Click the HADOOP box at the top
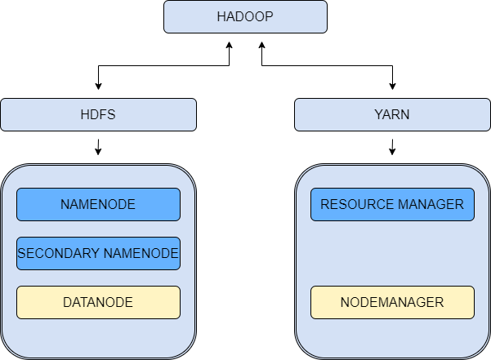[x=245, y=17]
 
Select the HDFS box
[x=98, y=114]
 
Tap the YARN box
[x=392, y=114]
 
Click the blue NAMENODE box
[x=98, y=204]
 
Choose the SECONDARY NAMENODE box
[x=98, y=253]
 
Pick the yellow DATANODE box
[x=98, y=302]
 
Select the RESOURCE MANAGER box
[x=392, y=204]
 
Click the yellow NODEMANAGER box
[x=392, y=302]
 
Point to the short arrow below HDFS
[x=98, y=147]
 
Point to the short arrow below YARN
[x=392, y=147]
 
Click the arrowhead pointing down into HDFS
[x=98, y=86]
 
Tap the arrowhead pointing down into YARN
[x=392, y=86]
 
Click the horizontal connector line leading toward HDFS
[x=163, y=65]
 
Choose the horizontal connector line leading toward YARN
[x=327, y=65]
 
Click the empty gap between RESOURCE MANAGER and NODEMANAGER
[x=392, y=253]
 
